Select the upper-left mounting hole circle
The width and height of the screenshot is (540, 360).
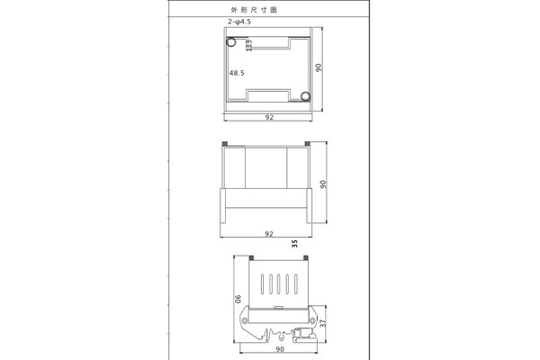[x=231, y=41]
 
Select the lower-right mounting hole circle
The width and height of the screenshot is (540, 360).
[x=306, y=96]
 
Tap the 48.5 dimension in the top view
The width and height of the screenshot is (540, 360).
[x=237, y=72]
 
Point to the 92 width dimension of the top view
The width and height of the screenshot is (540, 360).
[x=269, y=118]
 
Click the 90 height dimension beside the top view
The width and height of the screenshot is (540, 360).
[x=319, y=68]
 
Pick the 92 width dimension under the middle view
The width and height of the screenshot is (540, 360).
[x=269, y=233]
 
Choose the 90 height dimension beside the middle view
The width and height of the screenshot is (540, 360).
[x=323, y=184]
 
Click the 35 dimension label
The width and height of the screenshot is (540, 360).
[x=294, y=242]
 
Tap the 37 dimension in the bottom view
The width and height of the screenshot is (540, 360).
[x=321, y=321]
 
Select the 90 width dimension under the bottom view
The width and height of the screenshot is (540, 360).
[x=280, y=348]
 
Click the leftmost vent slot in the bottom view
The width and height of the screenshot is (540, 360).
[x=262, y=284]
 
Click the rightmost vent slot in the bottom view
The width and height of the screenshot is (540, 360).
[x=294, y=284]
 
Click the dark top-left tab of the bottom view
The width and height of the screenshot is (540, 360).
[x=251, y=256]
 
